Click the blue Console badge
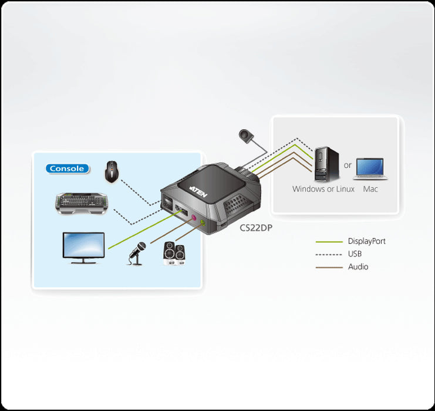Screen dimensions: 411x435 68,169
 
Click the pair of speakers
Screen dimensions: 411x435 174,254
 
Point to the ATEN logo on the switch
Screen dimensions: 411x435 196,189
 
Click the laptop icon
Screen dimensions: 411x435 370,168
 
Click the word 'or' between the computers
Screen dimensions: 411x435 348,166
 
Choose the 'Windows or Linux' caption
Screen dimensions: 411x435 323,189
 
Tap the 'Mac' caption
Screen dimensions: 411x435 370,189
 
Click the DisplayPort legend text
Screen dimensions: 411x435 366,241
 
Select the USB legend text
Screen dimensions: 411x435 355,254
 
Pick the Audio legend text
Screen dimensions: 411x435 358,267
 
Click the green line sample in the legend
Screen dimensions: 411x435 329,242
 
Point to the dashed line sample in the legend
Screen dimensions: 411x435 329,255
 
